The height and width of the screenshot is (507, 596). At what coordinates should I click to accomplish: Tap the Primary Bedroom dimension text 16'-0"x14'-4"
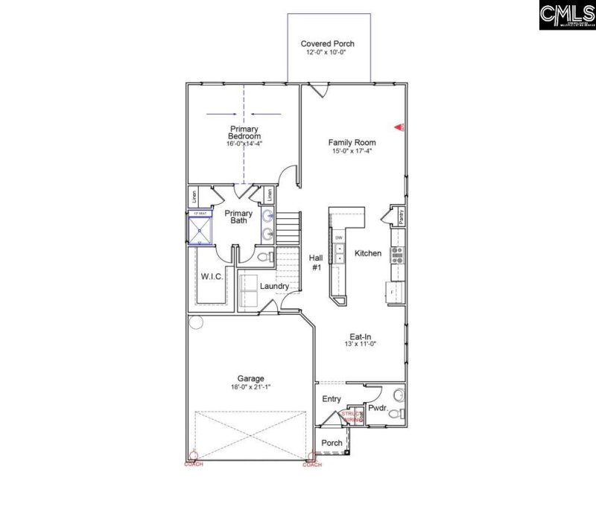[244, 144]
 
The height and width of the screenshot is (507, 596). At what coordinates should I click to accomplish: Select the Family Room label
[352, 142]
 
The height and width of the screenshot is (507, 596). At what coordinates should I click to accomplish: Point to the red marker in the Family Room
[398, 128]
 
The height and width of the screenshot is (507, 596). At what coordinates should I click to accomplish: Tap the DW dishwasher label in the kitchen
[338, 237]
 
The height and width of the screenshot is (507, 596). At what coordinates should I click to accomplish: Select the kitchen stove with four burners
[398, 255]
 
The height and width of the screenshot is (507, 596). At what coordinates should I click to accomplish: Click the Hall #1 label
[315, 262]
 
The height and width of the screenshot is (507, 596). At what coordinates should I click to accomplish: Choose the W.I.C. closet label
[211, 276]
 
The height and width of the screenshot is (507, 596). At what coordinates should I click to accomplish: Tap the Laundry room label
[274, 285]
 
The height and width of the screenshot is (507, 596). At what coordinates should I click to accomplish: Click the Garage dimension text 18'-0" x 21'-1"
[250, 387]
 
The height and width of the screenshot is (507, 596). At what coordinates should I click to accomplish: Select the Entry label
[332, 399]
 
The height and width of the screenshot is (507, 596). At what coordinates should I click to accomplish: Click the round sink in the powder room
[399, 394]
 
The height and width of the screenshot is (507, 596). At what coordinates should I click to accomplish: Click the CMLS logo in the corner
[565, 16]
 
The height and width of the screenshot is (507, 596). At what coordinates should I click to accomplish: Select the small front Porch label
[332, 443]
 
